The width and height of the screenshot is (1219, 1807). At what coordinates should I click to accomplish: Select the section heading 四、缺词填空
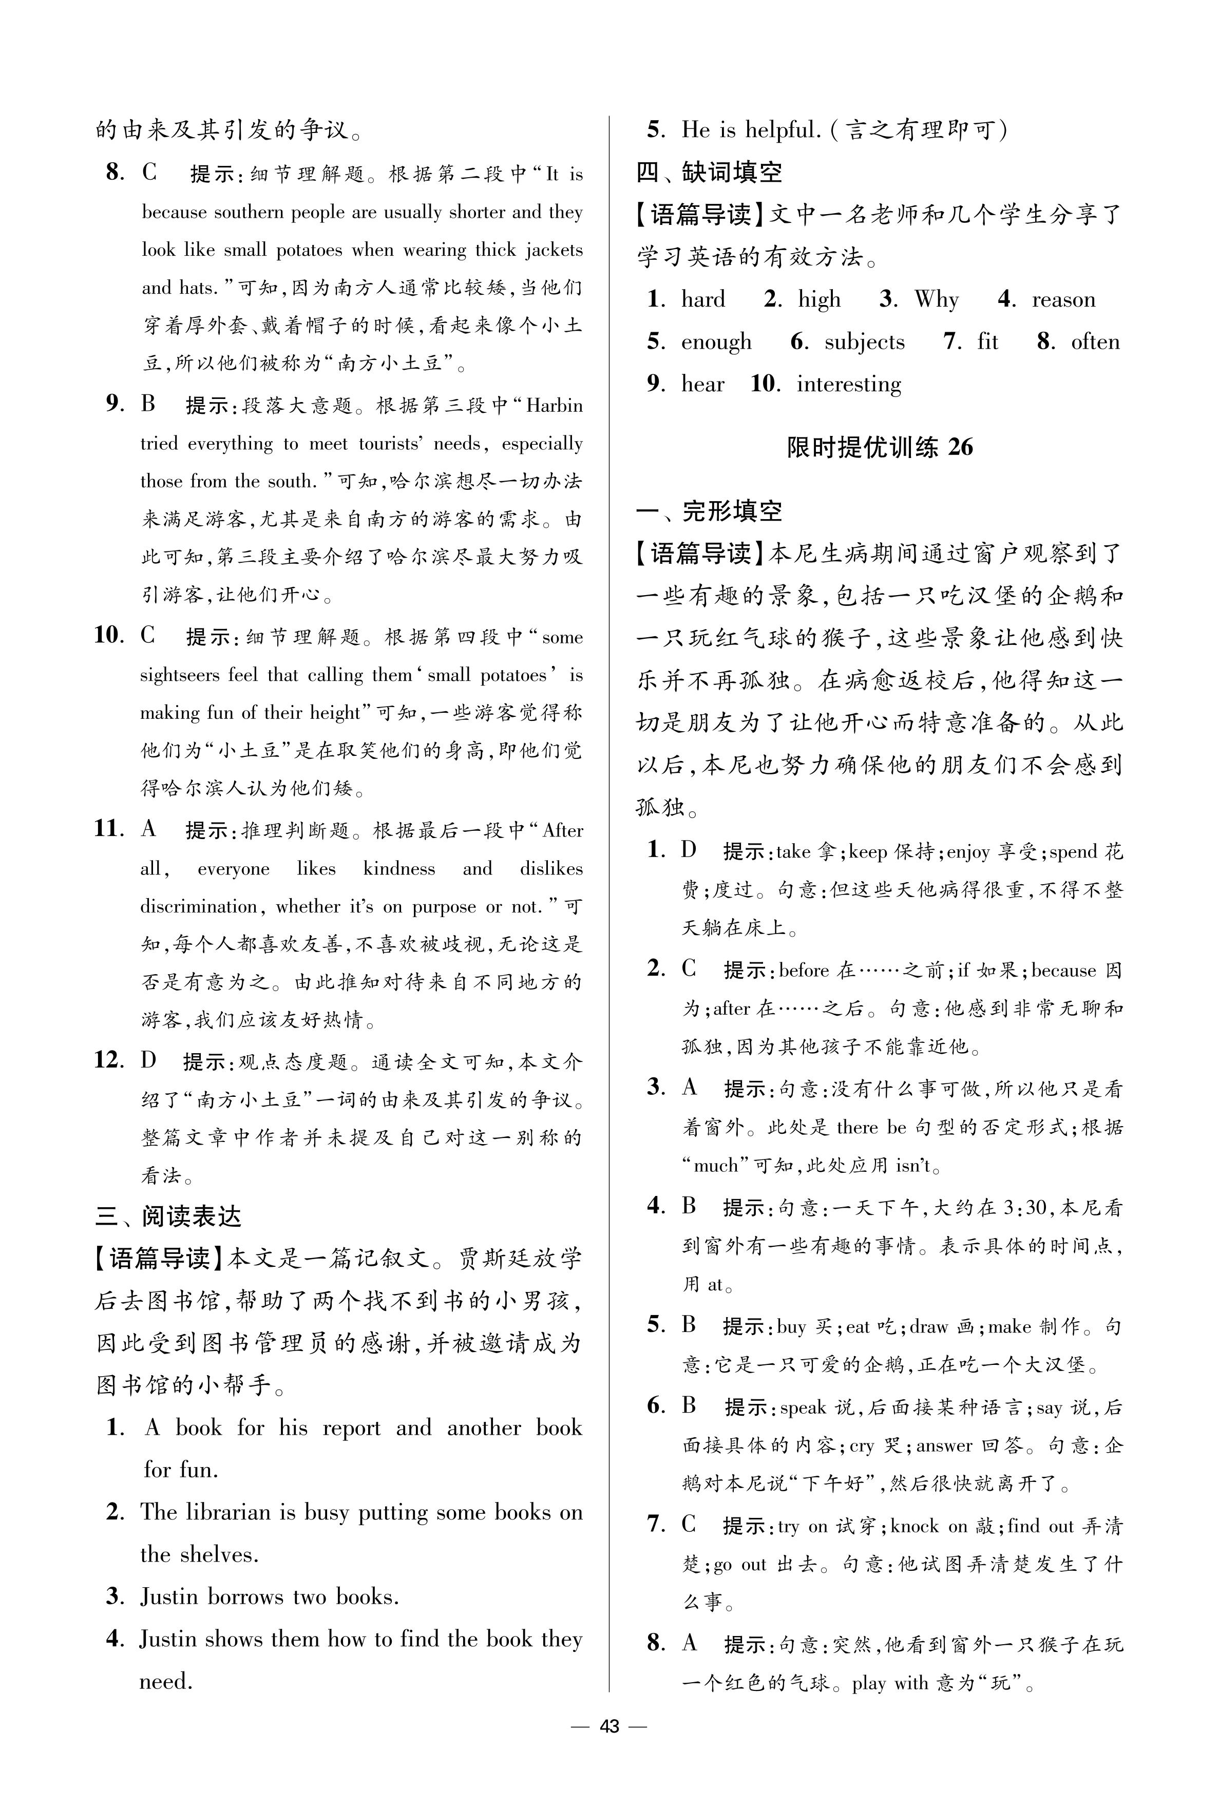[x=709, y=172]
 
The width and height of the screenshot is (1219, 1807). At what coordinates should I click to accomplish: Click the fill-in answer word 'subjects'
[x=865, y=342]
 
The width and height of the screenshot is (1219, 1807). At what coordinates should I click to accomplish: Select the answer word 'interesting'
[x=849, y=384]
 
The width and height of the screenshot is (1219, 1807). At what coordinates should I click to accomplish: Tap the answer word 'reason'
[x=1063, y=300]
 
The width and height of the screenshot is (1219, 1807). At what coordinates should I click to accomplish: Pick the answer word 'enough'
[x=716, y=343]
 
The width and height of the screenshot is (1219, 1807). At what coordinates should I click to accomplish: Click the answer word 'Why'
[x=936, y=300]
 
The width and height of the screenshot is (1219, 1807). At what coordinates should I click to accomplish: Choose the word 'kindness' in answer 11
[x=399, y=868]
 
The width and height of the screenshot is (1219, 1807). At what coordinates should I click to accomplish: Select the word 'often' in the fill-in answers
[x=1095, y=342]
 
